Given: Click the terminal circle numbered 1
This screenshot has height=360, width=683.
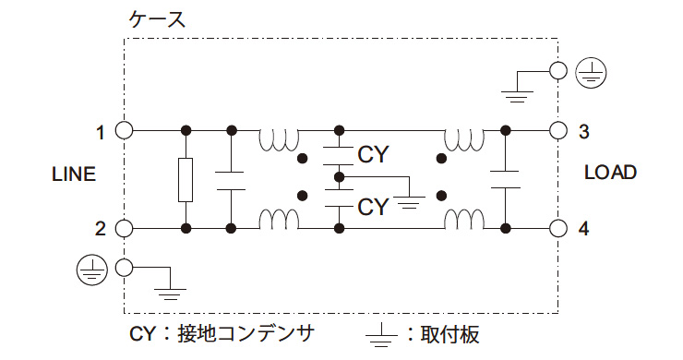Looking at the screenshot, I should (x=124, y=130).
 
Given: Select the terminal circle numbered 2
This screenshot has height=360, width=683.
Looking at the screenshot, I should (x=124, y=228).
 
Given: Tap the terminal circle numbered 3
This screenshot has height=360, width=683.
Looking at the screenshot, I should (x=557, y=130).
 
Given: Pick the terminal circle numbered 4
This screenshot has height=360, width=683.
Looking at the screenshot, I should (x=557, y=228).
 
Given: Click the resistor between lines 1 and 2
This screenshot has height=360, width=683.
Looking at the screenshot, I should (x=186, y=179).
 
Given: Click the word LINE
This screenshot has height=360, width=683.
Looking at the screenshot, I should (x=74, y=174).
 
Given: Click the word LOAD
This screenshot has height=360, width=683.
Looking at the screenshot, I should (x=610, y=174).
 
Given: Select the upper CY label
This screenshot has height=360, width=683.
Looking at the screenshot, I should (x=373, y=154).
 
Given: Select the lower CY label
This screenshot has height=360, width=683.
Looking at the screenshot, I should (x=373, y=206).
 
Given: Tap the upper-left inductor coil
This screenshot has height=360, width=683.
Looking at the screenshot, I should (x=279, y=140).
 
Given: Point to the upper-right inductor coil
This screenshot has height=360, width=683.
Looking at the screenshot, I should (x=463, y=140).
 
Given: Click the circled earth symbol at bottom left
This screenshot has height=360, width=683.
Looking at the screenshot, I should (x=89, y=268).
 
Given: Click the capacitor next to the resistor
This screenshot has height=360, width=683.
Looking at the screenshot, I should (x=230, y=179).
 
